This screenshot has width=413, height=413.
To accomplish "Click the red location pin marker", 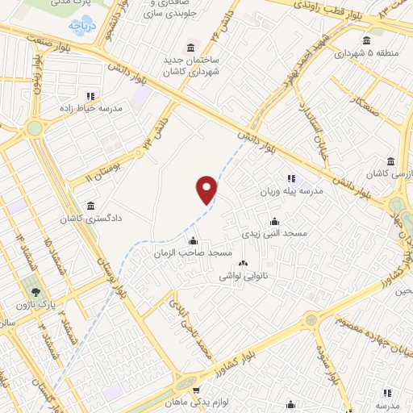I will click(206, 189).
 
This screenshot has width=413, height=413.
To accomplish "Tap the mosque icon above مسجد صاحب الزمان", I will click(192, 240).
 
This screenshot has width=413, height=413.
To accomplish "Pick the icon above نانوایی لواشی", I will click(242, 262).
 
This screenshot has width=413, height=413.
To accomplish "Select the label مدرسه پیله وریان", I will click(290, 192).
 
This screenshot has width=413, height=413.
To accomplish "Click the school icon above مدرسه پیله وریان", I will click(290, 178).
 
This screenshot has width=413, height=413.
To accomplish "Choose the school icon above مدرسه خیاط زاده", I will click(90, 95).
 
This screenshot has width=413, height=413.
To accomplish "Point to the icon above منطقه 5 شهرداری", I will click(367, 40).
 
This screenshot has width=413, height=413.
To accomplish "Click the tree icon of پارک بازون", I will click(33, 290).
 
